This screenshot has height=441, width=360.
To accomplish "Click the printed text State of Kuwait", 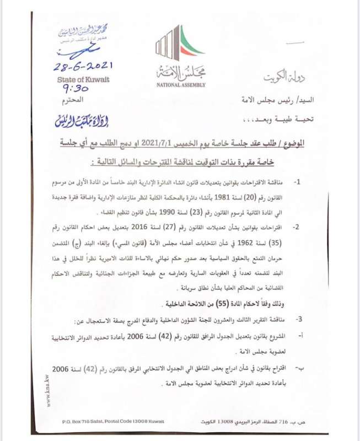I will click(x=83, y=79).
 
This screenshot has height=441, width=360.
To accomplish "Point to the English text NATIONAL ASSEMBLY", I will click(x=181, y=85).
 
